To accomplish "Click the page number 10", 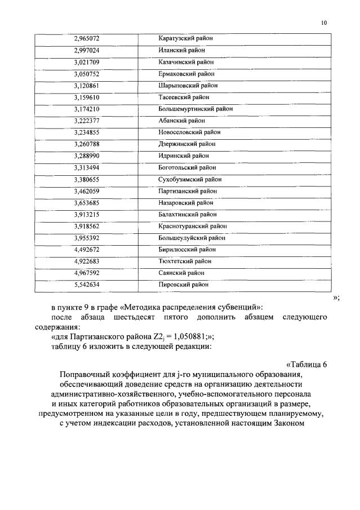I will pyautogui.click(x=323, y=23).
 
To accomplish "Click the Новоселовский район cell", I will pyautogui.click(x=189, y=132).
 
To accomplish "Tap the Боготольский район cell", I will pyautogui.click(x=187, y=167).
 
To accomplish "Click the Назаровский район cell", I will pyautogui.click(x=186, y=202).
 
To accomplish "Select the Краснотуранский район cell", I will pyautogui.click(x=193, y=226).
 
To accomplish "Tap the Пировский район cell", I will pyautogui.click(x=183, y=285).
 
